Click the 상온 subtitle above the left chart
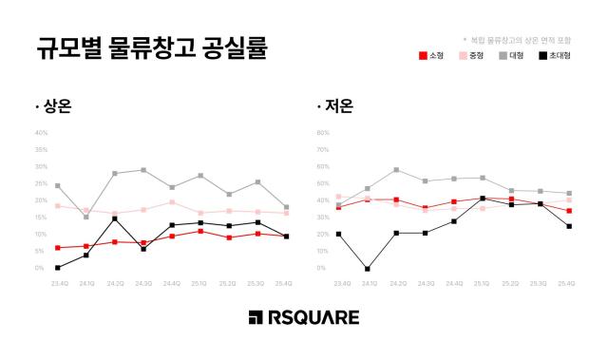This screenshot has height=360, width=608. pos(54,106)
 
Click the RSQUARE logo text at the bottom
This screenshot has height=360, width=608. pos(303,317)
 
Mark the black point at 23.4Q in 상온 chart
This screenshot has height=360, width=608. pos(58,268)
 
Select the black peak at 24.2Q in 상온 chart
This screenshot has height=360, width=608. pos(115,219)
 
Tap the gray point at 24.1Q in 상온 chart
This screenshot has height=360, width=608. pos(86,217)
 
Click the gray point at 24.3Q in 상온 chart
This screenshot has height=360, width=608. pos(143,170)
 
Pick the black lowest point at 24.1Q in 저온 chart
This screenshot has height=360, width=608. pos(368,269)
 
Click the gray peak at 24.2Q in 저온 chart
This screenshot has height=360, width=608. pos(396,170)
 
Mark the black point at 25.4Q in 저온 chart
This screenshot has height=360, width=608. pos(568,226)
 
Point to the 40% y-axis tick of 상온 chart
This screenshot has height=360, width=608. pos(41,134)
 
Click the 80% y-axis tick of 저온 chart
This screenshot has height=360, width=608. pos(322,134)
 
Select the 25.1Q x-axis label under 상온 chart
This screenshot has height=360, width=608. pos(200,284)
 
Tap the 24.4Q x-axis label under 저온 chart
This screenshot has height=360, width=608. pos(453,284)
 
